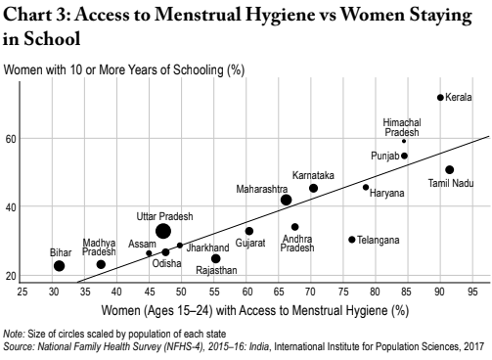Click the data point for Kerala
(x=440, y=98)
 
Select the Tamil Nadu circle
(x=449, y=170)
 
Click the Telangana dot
(x=352, y=240)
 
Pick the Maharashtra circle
(x=286, y=200)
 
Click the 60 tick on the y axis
(x=12, y=139)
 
